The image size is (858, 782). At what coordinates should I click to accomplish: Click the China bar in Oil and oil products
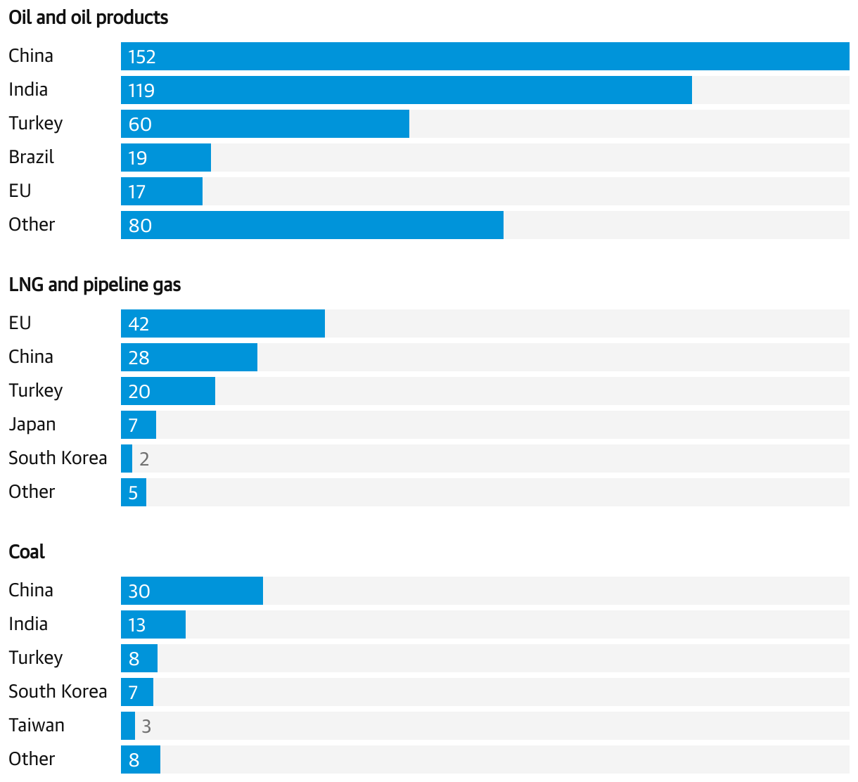click(485, 56)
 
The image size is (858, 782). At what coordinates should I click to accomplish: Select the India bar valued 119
click(406, 90)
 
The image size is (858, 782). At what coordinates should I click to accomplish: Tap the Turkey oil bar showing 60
click(265, 124)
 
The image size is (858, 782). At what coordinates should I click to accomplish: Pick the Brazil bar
click(166, 158)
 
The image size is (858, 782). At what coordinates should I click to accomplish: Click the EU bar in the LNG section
click(223, 323)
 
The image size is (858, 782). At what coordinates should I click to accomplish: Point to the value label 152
click(142, 57)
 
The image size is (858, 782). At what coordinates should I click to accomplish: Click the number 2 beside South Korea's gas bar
click(144, 459)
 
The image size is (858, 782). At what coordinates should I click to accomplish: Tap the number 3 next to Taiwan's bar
click(146, 726)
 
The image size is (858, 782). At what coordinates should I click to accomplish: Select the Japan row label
click(32, 425)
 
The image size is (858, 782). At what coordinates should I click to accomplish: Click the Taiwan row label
click(37, 725)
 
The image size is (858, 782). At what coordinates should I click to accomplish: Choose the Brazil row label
click(32, 157)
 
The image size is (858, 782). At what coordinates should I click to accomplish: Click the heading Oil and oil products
click(89, 18)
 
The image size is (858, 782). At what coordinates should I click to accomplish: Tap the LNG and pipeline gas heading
click(95, 285)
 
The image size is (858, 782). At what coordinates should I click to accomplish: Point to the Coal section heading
click(27, 552)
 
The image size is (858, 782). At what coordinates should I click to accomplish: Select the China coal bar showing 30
click(192, 591)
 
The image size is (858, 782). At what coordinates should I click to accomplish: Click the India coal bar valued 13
click(153, 624)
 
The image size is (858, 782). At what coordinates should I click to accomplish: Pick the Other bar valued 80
click(312, 225)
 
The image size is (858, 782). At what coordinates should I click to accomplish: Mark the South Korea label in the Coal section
click(58, 691)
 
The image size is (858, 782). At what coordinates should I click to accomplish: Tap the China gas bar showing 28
click(189, 357)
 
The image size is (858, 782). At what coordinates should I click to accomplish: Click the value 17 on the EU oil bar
click(137, 192)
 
